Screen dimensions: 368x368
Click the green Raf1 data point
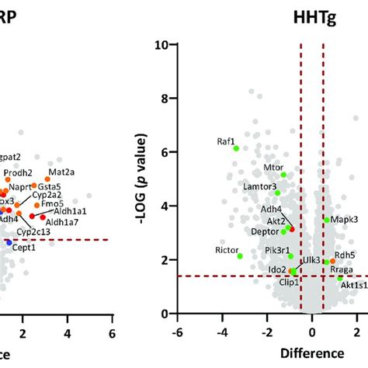pos(236,148)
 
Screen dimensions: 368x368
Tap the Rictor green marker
pos(240,255)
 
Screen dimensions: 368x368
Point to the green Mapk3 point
pos(327,220)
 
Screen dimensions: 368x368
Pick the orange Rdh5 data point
pos(332,262)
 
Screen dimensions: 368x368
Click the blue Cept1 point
pos(9,242)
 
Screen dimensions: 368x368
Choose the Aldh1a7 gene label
pos(70,224)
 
